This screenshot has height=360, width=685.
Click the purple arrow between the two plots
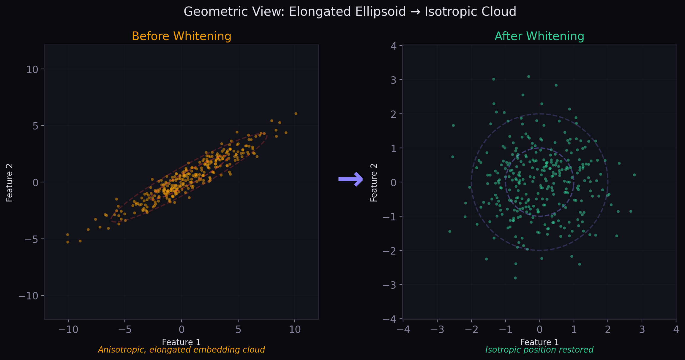click(x=351, y=179)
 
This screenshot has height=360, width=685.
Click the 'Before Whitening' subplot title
click(x=181, y=36)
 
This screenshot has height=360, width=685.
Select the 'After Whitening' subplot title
click(x=539, y=36)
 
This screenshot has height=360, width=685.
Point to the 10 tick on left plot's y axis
click(x=32, y=70)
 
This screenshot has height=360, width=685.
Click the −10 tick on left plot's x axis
click(x=68, y=329)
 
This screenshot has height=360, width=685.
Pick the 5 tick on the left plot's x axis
click(x=238, y=329)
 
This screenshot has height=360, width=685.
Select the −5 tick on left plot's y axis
click(x=31, y=239)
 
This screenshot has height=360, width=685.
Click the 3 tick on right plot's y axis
click(x=393, y=80)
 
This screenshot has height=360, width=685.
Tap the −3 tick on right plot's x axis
click(x=437, y=329)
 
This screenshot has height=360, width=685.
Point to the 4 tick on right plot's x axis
click(x=676, y=329)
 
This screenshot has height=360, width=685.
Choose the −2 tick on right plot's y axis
click(x=390, y=251)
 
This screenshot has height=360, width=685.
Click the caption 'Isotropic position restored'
click(x=539, y=350)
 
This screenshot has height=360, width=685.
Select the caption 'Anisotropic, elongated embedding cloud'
click(x=181, y=350)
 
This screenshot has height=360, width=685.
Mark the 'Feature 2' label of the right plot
click(x=374, y=182)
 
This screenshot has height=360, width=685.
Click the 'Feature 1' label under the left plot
click(x=181, y=342)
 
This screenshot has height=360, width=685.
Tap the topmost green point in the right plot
click(x=528, y=77)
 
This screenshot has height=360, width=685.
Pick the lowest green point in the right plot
click(x=515, y=278)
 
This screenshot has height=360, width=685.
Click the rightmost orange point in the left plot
click(x=296, y=113)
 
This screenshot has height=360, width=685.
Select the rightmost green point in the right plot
click(x=634, y=175)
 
